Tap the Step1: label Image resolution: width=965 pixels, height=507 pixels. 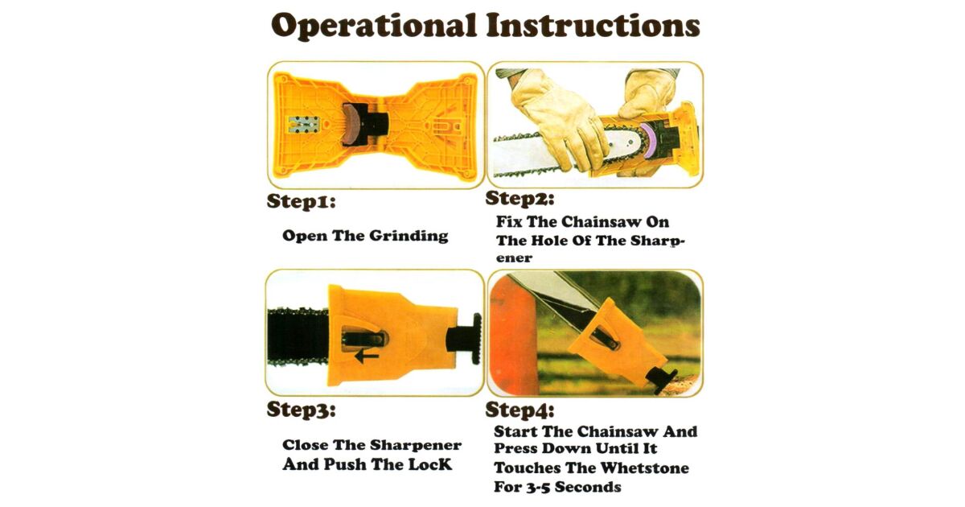click(x=301, y=202)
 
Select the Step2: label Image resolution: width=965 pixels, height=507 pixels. click(x=519, y=199)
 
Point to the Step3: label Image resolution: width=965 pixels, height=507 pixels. click(x=301, y=410)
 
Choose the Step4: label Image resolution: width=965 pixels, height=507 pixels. click(x=519, y=410)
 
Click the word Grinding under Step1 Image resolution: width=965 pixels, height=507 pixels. click(x=409, y=237)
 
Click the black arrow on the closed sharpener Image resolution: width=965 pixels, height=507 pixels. click(x=367, y=356)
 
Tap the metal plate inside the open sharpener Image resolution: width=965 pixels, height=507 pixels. click(x=303, y=125)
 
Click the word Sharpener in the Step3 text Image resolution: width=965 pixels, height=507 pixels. click(x=416, y=445)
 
